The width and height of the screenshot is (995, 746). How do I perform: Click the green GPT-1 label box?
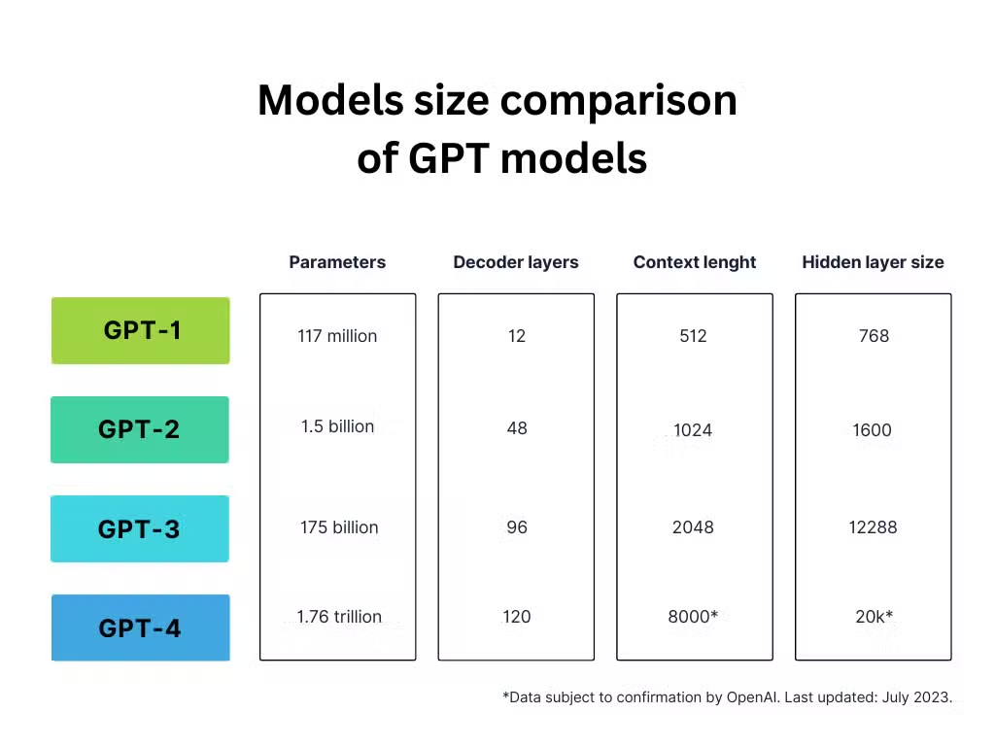(140, 330)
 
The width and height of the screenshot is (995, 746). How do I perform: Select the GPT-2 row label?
(140, 429)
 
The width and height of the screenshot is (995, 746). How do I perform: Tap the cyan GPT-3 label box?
(140, 528)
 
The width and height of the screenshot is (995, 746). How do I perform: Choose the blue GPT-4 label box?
(140, 627)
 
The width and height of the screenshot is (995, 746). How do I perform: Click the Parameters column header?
(337, 262)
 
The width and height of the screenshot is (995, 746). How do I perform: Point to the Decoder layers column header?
(516, 262)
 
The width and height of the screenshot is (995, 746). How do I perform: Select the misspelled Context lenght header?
(695, 262)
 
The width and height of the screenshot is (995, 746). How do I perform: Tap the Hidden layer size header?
(874, 262)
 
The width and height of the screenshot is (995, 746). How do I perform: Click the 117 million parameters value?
(337, 335)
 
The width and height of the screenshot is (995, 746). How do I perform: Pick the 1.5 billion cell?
(337, 426)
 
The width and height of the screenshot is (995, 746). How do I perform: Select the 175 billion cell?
(339, 527)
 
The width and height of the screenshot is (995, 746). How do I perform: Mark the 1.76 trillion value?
(339, 617)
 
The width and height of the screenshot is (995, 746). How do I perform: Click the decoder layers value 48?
(517, 428)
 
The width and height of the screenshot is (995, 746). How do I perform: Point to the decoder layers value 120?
(517, 617)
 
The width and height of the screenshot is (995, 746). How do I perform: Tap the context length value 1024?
(693, 430)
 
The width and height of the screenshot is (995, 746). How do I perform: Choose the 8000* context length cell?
(693, 617)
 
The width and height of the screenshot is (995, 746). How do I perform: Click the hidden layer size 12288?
(874, 527)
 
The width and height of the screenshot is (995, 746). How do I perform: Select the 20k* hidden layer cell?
(874, 617)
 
